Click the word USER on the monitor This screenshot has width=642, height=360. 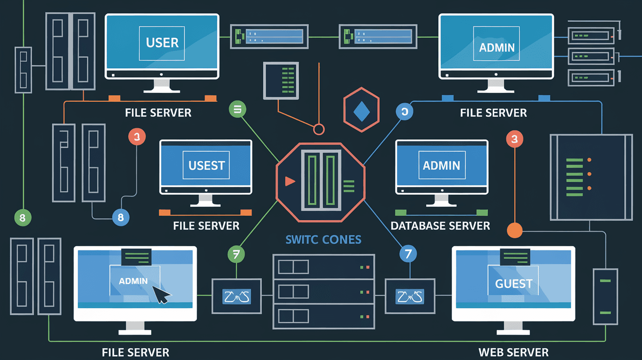[162, 43]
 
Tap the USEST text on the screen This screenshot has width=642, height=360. [206, 165]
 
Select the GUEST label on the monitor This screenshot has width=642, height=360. [513, 284]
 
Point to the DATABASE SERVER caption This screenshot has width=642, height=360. [440, 226]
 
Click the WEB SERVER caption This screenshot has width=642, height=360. [513, 352]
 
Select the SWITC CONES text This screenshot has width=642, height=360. [323, 240]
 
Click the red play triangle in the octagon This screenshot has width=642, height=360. [290, 181]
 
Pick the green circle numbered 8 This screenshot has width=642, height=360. [23, 217]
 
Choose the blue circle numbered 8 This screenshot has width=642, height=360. [120, 217]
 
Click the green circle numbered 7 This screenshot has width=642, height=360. [236, 253]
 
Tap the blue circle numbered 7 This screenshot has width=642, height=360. [408, 253]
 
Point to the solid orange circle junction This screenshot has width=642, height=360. [515, 230]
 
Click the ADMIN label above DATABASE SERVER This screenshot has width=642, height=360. [441, 165]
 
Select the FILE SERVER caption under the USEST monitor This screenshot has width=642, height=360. [206, 226]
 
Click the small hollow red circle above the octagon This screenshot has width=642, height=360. [319, 129]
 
